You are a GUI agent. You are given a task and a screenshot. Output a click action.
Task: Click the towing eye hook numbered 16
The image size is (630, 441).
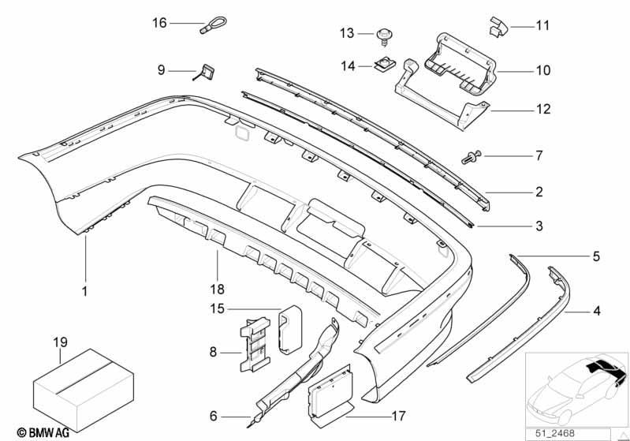click(x=213, y=26)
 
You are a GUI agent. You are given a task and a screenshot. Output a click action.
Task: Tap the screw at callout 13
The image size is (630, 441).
click(x=385, y=36)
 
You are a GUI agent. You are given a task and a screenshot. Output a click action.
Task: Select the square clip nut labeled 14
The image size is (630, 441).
click(x=385, y=65)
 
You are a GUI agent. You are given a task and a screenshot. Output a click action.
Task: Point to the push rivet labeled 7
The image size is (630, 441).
click(x=471, y=156)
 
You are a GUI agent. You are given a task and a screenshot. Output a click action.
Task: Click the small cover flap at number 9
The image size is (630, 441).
click(x=206, y=73)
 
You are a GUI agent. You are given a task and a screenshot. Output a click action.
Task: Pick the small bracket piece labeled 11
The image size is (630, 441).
click(x=498, y=27)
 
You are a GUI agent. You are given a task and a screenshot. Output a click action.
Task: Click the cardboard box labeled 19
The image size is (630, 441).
click(x=83, y=389)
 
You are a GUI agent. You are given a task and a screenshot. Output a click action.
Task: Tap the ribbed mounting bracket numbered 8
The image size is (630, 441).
click(x=255, y=344)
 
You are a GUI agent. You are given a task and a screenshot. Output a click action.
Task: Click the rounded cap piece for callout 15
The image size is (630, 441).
click(x=290, y=331)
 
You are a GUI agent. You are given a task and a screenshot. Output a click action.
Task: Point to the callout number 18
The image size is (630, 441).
click(x=218, y=289)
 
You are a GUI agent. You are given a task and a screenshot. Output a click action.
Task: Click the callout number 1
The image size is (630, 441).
click(x=85, y=291)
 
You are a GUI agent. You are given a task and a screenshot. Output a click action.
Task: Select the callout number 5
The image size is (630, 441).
click(x=596, y=256)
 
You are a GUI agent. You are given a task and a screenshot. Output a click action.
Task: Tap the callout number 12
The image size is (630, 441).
click(x=543, y=109)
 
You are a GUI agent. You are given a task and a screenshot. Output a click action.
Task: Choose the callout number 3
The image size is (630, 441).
click(x=539, y=226)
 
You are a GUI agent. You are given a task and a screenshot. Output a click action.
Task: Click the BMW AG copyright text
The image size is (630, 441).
click(x=43, y=432)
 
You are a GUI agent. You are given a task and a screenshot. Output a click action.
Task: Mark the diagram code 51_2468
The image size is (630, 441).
click(x=555, y=433)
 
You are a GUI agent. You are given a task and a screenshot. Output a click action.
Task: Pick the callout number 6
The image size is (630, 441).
click(x=214, y=416)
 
